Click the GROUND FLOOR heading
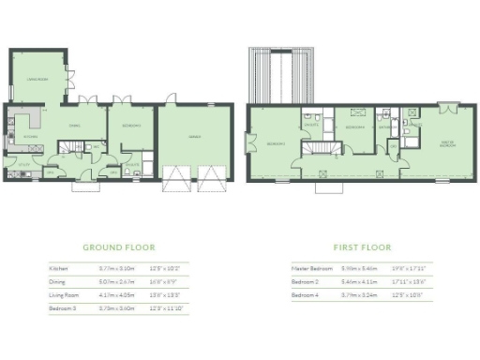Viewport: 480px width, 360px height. tap(118, 247)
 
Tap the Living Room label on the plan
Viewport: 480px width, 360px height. tap(37, 80)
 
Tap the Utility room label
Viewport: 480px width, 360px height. tap(11, 161)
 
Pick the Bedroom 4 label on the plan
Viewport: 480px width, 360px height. tap(355, 126)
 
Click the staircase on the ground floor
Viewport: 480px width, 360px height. tap(71, 147)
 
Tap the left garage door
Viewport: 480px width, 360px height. tap(177, 179)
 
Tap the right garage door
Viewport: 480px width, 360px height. tap(210, 179)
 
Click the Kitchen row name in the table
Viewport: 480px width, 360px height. tap(58, 268)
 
